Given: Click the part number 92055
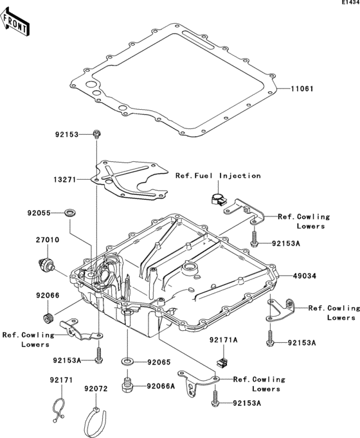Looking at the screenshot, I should click(x=40, y=211).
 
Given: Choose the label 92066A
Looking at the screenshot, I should click(x=161, y=386).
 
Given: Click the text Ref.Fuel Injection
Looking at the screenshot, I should click(x=218, y=175).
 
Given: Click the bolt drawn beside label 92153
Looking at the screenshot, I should click(x=96, y=134).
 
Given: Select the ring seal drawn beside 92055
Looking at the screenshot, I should click(x=69, y=211).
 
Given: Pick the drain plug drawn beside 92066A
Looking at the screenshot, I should click(x=127, y=386).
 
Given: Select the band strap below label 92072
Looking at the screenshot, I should click(x=96, y=421).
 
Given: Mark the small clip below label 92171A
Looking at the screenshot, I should click(x=222, y=360).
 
